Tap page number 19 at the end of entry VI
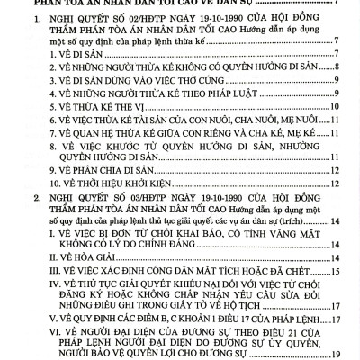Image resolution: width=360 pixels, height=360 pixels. pyautogui.click(x=333, y=354)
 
